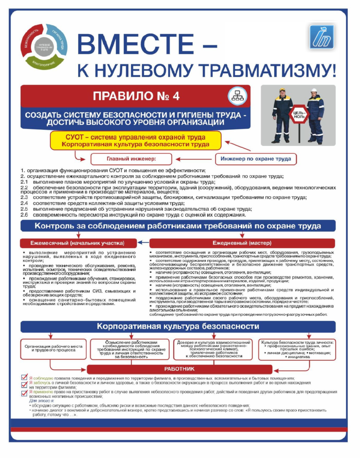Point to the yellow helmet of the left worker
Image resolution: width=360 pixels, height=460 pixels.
tap(282, 90)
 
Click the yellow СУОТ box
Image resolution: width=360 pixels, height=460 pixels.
tap(136, 140)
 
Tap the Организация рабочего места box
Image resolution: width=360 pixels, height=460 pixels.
tap(53, 349)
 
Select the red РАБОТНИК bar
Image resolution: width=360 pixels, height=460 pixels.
tap(179, 369)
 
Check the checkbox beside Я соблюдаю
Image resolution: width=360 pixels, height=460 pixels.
tap(25, 378)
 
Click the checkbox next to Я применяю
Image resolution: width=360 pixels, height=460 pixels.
tap(25, 392)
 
